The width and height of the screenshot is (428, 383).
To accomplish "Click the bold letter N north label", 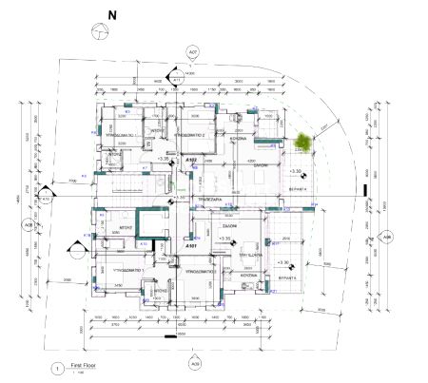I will (111, 15).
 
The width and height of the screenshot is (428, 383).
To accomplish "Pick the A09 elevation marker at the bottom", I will (195, 363).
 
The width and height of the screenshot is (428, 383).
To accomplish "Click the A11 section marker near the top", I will (177, 80).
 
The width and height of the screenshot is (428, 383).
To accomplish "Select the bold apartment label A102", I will (190, 160).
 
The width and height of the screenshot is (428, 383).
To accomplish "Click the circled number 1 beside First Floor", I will (59, 367).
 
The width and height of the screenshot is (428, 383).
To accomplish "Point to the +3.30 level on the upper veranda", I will (296, 171).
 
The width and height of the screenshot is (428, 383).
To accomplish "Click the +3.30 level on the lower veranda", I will (282, 261).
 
